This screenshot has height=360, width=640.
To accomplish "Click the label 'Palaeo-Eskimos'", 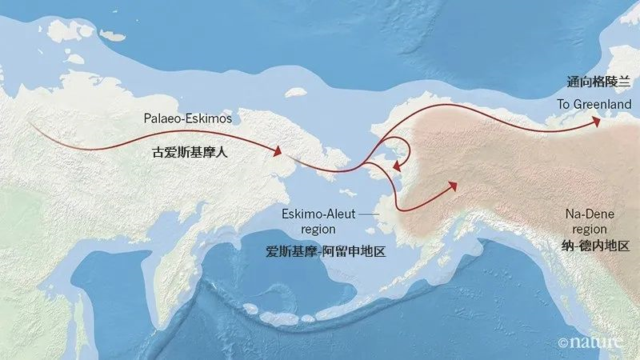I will [188, 118].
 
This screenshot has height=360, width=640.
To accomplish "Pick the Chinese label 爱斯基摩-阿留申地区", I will [326, 250].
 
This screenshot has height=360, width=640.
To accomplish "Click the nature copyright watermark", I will [590, 342].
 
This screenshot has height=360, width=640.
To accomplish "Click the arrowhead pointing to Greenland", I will [594, 122].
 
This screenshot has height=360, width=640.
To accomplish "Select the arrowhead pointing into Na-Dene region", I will [452, 186].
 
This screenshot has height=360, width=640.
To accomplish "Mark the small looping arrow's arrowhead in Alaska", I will [396, 164].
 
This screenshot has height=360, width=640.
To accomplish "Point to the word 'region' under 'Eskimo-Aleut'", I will [298, 229].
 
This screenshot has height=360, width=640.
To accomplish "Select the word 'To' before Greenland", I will [562, 105].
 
